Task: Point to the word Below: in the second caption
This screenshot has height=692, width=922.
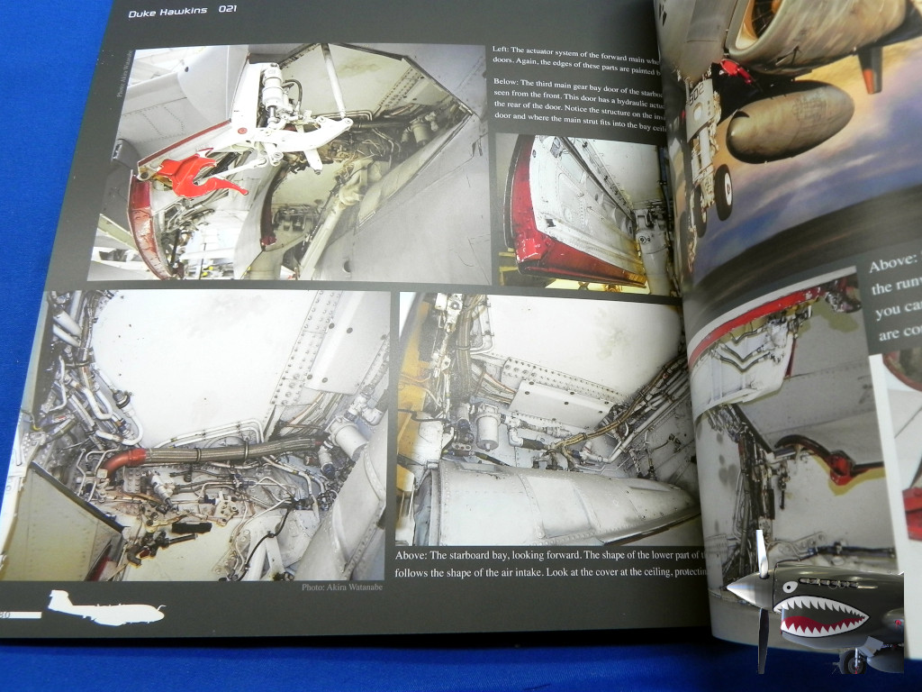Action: click(x=511, y=82)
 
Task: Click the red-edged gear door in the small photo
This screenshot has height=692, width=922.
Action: click(x=576, y=216)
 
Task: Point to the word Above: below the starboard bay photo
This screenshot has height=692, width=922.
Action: click(x=416, y=554)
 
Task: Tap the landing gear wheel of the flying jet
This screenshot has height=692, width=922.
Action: click(x=722, y=191)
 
